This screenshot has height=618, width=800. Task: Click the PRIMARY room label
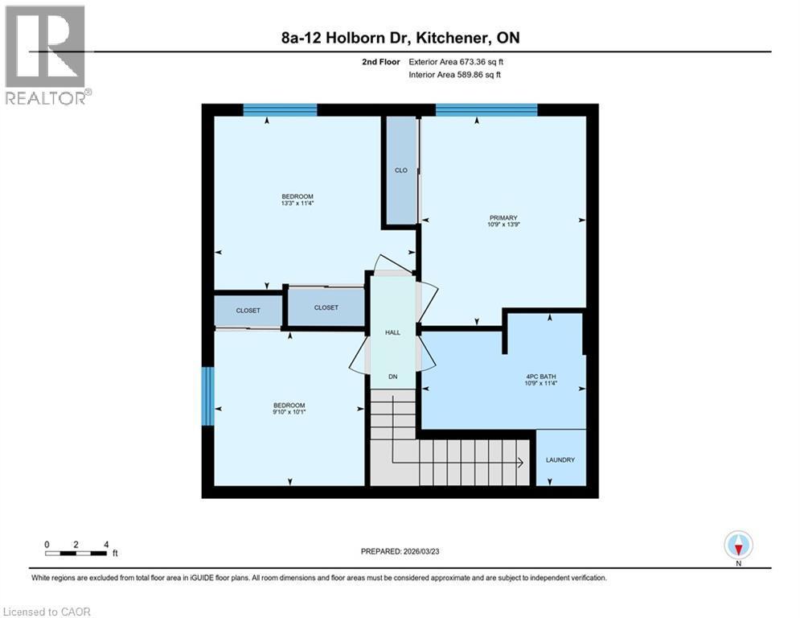pos(502,217)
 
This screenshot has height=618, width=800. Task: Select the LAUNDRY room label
pos(560,460)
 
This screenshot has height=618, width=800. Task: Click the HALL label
pos(392,332)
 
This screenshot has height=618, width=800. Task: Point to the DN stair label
pos(392,376)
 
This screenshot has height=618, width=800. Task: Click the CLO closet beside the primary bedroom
pos(400,171)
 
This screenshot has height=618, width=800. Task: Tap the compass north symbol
pos(737,545)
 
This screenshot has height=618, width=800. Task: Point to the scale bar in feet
pos(76,553)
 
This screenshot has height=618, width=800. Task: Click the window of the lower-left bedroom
pos(207,397)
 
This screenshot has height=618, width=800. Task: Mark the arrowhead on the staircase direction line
pos(521,462)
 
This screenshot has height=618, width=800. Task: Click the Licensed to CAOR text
pos(47,612)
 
